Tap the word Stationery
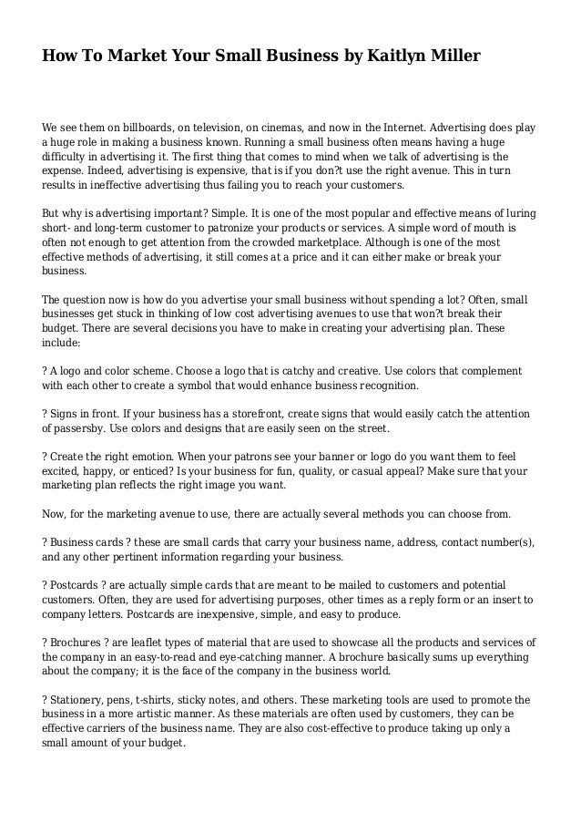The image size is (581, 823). [x=84, y=700]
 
